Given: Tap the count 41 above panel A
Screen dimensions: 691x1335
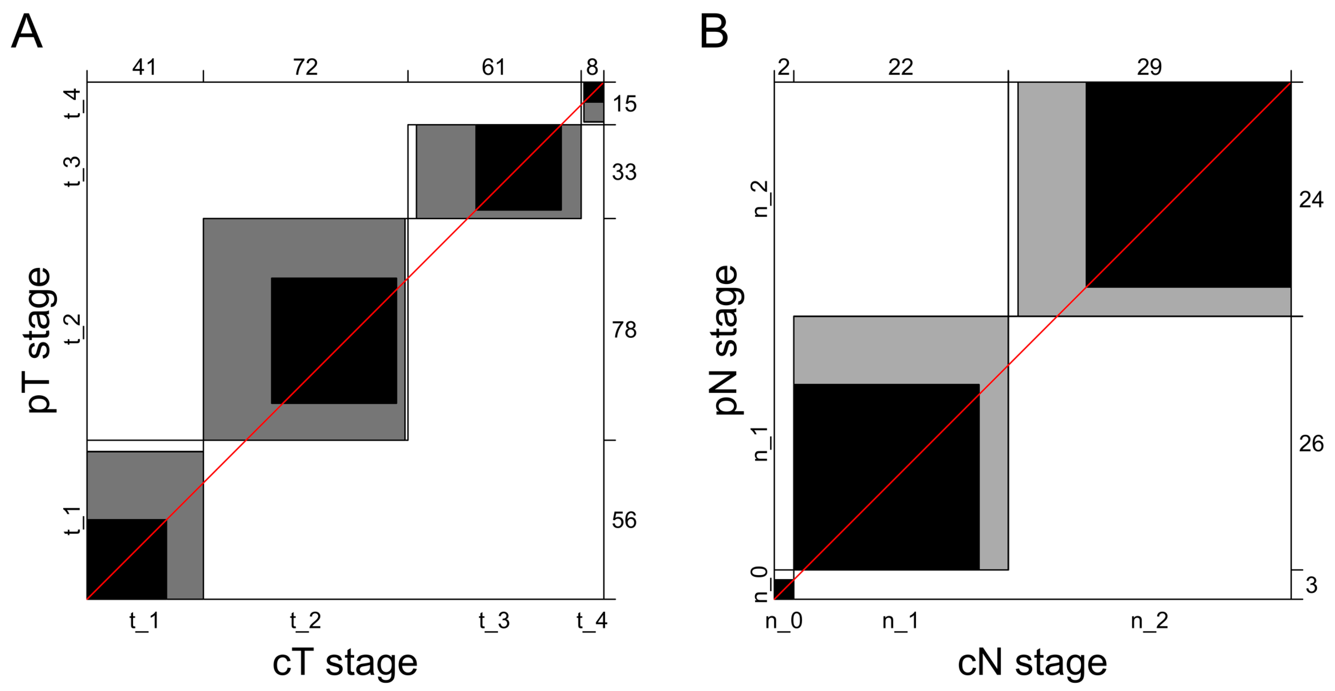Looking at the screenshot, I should pyautogui.click(x=144, y=68).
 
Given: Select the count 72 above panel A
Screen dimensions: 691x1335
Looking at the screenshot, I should pyautogui.click(x=305, y=68).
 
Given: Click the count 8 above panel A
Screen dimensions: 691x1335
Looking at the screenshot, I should pyautogui.click(x=592, y=68).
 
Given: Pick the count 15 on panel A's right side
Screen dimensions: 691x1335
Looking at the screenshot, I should pyautogui.click(x=624, y=104).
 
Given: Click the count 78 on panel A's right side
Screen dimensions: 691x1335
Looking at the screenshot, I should pyautogui.click(x=624, y=330).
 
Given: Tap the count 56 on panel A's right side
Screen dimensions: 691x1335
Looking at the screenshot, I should pyautogui.click(x=624, y=521).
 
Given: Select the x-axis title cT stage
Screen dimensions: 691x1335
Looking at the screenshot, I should pyautogui.click(x=345, y=663).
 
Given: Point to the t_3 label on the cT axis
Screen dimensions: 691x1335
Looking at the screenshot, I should pyautogui.click(x=494, y=621).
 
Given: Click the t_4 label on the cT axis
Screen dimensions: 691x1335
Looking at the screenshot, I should pyautogui.click(x=592, y=621).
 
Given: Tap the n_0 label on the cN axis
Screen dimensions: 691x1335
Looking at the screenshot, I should pyautogui.click(x=784, y=621).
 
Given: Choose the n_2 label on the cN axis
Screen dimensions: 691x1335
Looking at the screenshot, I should pyautogui.click(x=1149, y=621).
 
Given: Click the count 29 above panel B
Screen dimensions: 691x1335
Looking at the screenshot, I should pyautogui.click(x=1149, y=68).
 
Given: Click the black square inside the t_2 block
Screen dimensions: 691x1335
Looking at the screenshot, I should pyautogui.click(x=334, y=341).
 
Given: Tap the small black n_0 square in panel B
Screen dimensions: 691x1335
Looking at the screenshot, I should pyautogui.click(x=784, y=589).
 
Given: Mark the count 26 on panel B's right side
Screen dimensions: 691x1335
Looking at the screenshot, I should pyautogui.click(x=1311, y=444).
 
